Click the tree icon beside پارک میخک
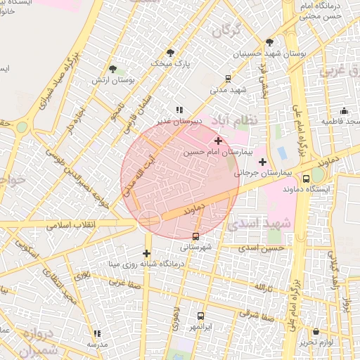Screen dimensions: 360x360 171,53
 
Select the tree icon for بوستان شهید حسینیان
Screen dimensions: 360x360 269,43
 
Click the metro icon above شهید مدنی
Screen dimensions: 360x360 228,79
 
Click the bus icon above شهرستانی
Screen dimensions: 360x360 195,236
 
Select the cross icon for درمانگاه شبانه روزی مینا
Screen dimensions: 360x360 147,253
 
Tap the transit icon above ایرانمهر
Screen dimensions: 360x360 201,316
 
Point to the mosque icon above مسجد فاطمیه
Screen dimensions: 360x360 344,110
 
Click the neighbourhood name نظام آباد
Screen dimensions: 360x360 238,120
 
